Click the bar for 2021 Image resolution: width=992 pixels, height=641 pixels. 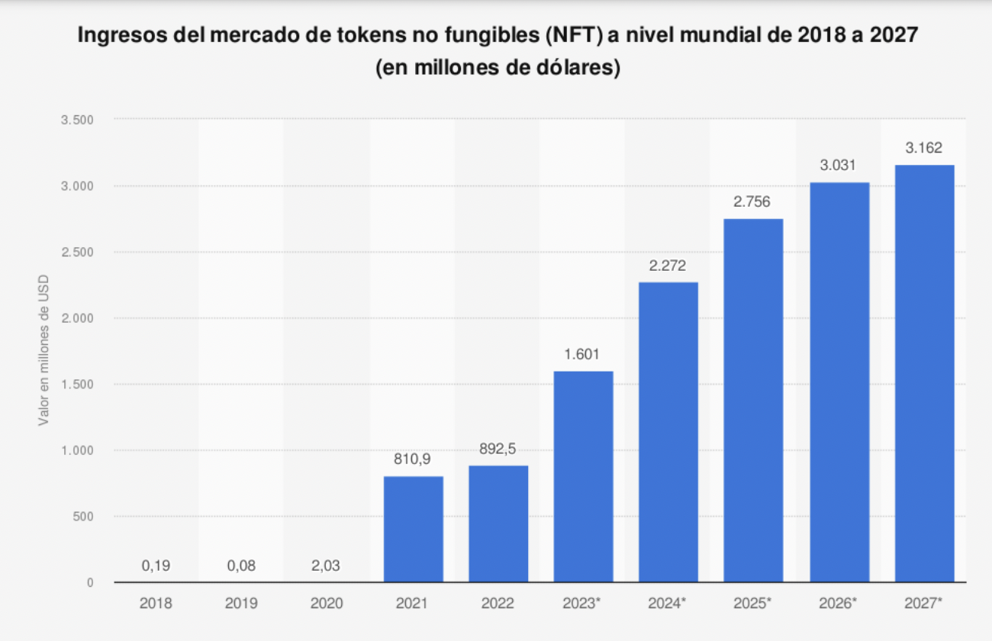pos(413,529)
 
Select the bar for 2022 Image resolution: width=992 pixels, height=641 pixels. pos(498,523)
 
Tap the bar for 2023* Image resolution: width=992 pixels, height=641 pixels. pos(584,476)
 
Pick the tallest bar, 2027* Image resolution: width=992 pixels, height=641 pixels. pos(924,373)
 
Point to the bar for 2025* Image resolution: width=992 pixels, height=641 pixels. pos(753,400)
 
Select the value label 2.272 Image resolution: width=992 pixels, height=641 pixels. pos(668,266)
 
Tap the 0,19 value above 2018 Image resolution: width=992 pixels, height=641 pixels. pos(156,565)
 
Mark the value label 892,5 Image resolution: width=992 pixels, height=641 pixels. pos(498,449)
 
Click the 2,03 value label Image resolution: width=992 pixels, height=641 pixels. pos(326,565)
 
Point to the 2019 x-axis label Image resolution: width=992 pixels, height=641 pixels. pos(241,603)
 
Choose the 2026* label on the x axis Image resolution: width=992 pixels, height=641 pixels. pos(839,603)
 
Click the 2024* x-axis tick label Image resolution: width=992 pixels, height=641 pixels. pos(668,603)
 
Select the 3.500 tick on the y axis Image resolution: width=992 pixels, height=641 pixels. pos(76,120)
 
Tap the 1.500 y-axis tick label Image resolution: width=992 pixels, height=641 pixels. pos(76,384)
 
